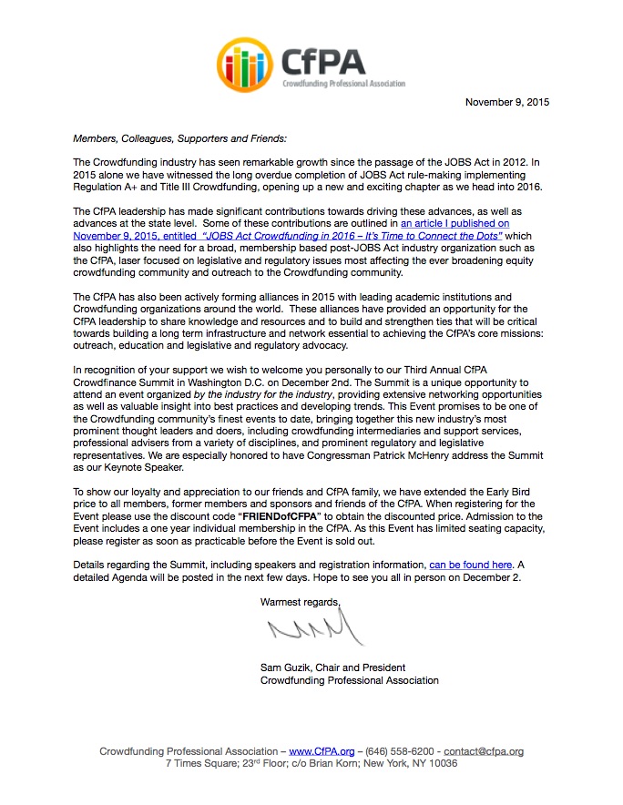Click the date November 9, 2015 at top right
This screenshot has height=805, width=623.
tap(507, 102)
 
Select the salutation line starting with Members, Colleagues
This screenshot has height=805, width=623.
tap(179, 138)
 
